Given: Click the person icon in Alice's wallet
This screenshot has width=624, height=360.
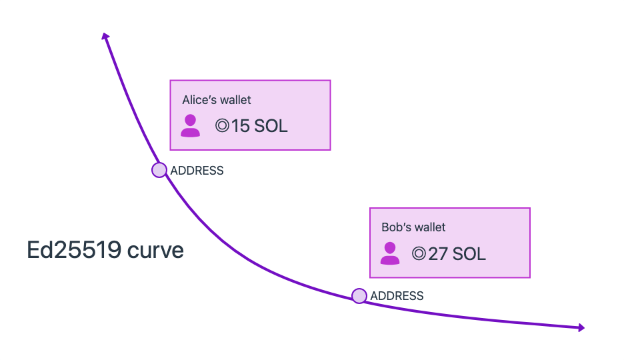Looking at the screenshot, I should [190, 125].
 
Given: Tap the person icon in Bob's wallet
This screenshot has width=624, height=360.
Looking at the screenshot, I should [390, 253].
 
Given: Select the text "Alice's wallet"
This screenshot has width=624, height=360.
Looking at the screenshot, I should [217, 100].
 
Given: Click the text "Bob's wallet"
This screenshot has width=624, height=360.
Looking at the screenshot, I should [413, 227].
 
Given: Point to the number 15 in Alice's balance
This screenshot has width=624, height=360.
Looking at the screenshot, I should [240, 126].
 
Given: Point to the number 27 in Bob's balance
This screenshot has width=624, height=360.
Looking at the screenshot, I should [438, 254].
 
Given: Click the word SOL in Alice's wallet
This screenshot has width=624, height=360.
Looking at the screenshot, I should [270, 126].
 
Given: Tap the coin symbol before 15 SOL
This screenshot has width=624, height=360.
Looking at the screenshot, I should [222, 125].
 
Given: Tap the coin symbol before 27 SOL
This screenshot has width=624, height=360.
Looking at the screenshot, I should [419, 253].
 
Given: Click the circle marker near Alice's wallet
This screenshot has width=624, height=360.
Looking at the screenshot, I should [159, 170].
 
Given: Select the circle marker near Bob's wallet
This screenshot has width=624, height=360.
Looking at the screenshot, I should [359, 296].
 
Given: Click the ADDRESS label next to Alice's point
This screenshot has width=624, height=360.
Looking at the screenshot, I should [197, 171].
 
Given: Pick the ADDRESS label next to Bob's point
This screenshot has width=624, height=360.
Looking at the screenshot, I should [397, 296].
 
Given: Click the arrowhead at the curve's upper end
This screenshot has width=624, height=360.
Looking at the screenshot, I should [105, 36].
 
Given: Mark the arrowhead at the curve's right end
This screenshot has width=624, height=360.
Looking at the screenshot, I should [581, 327].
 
